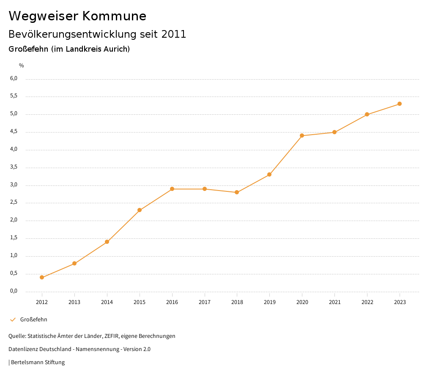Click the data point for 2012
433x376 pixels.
(x=42, y=277)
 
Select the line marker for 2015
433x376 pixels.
(x=140, y=210)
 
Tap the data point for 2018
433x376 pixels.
(x=237, y=192)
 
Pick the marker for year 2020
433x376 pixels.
(x=302, y=135)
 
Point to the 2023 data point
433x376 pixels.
(x=400, y=104)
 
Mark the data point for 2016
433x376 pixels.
(x=172, y=189)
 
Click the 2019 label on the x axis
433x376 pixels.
(x=269, y=302)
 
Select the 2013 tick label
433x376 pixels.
(x=74, y=302)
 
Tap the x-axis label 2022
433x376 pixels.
(x=367, y=302)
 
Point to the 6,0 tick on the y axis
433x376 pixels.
(x=14, y=78)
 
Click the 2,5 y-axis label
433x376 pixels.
(x=14, y=202)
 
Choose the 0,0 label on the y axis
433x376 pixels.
(x=14, y=291)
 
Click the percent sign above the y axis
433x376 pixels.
(x=22, y=65)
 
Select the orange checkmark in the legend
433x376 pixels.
(x=13, y=319)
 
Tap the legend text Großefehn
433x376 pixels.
(x=34, y=319)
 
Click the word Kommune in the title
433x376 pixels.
(x=114, y=16)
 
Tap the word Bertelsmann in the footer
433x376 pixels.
(x=27, y=362)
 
